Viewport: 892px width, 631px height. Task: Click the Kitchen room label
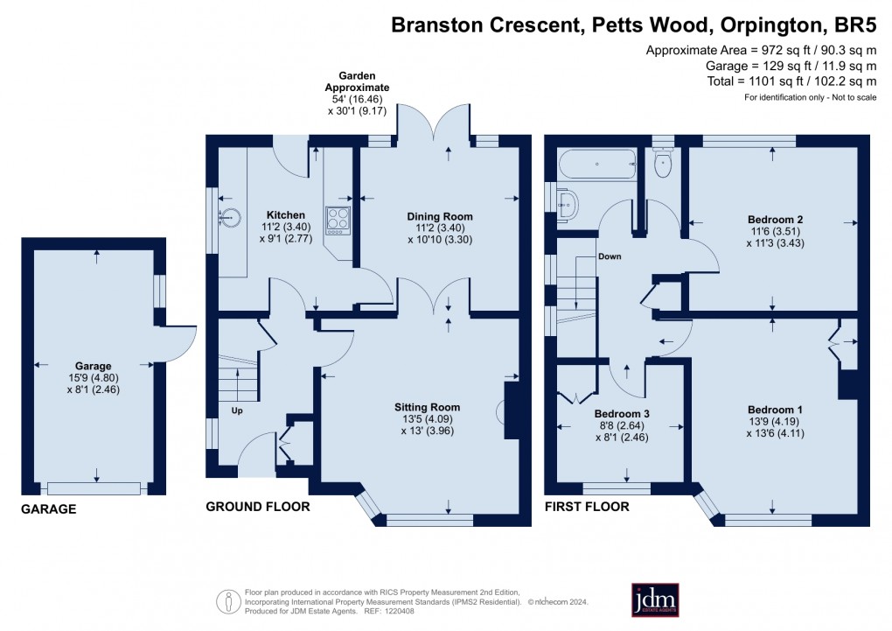(x=285, y=215)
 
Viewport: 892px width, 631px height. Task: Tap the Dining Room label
(x=440, y=216)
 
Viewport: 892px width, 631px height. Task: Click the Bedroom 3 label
(x=621, y=414)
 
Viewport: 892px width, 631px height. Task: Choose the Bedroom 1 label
(x=775, y=410)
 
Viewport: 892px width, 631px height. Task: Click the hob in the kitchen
(x=338, y=220)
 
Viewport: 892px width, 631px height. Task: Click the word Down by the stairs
(x=611, y=257)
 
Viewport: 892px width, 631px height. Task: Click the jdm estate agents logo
(x=655, y=599)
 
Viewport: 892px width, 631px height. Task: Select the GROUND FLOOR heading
(x=257, y=507)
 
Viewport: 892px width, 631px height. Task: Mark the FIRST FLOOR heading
(x=586, y=507)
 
